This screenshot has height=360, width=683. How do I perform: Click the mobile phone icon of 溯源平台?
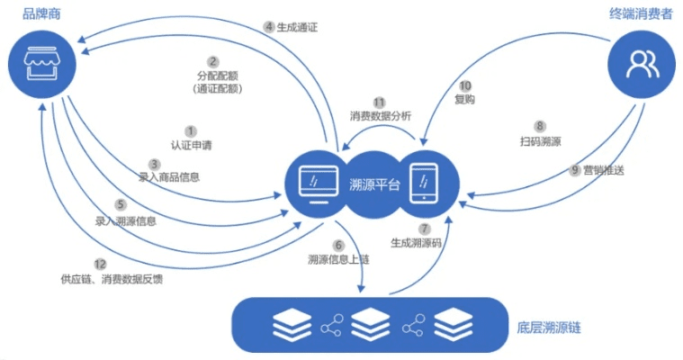421,184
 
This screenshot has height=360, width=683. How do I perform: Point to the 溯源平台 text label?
369,184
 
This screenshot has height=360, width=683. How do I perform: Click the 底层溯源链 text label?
557,324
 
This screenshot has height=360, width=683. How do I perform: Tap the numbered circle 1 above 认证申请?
191,130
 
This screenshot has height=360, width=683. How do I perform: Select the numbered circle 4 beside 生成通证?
269,26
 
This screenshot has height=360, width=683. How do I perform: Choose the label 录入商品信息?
169,177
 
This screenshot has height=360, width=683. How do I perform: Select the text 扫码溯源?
539,140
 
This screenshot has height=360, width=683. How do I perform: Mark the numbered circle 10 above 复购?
464,85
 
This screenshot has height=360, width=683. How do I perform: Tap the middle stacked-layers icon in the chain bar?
370,323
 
